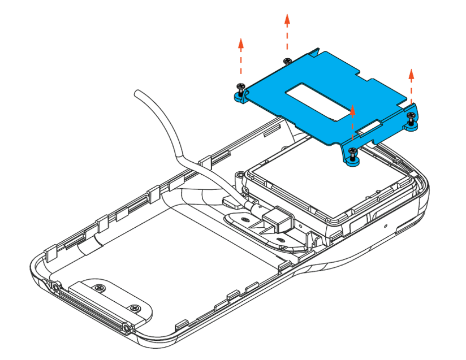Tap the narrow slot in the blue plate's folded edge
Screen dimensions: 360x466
point(371,125)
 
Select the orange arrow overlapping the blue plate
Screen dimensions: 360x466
point(353,122)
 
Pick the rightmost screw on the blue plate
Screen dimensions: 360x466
point(411,116)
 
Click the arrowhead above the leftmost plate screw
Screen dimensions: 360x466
point(241,42)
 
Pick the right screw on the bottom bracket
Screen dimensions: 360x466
point(134,308)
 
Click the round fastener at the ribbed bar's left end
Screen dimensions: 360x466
point(57,287)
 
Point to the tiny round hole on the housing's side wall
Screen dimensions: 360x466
point(385,225)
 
